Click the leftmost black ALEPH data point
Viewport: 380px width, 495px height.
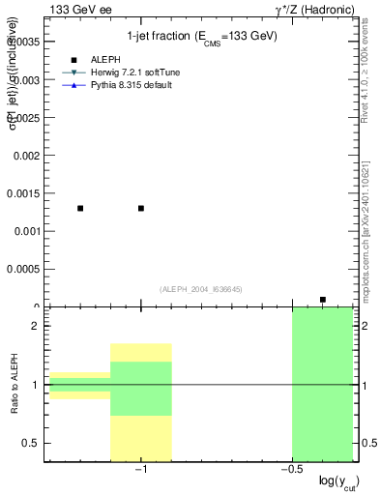coord(80,208)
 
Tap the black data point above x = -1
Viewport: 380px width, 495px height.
coord(141,208)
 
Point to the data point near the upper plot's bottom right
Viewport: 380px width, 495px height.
coord(323,300)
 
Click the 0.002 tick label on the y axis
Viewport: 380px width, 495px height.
coord(26,155)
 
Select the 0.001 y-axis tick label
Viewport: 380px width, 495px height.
coord(26,231)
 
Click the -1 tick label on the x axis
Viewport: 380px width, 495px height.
coord(140,470)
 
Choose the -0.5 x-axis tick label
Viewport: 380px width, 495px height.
coord(290,470)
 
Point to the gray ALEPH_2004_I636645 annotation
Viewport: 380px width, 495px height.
coord(200,289)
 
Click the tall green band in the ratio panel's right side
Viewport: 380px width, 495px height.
coord(322,385)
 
